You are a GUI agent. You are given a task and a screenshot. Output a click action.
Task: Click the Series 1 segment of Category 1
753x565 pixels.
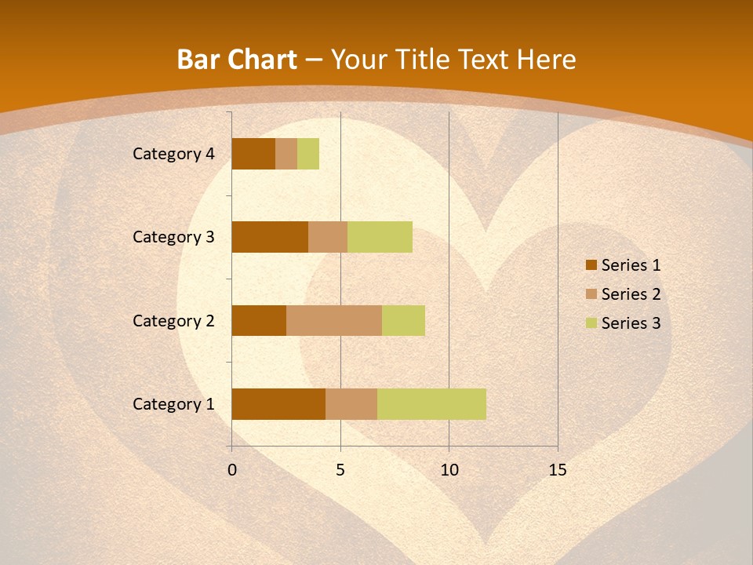coord(278,404)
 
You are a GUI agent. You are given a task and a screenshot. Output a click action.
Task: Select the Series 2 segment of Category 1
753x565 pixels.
coord(351,404)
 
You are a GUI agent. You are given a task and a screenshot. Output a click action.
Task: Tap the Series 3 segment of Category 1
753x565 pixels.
coord(431,404)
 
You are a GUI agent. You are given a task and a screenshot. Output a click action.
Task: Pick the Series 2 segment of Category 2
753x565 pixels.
coord(334,320)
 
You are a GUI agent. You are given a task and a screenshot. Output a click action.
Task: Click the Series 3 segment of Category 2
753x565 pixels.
coord(403,320)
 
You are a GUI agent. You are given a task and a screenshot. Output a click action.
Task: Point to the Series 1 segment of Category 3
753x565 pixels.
coord(270,237)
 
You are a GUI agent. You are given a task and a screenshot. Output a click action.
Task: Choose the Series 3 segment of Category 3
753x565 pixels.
coord(380,237)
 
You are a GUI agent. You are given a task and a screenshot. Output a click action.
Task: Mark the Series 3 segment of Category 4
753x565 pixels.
coord(308,154)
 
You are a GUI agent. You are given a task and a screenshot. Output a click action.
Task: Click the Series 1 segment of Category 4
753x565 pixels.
coord(253,154)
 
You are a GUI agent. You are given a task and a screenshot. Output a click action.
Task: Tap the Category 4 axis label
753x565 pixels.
coord(173,154)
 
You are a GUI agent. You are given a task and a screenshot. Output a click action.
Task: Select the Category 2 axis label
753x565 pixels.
coord(173,320)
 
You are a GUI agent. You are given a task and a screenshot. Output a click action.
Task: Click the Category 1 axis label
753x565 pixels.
coord(173,404)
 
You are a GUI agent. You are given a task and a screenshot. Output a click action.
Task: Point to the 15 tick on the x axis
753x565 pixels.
coord(557,470)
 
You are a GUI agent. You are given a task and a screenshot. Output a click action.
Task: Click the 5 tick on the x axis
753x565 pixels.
coord(340,470)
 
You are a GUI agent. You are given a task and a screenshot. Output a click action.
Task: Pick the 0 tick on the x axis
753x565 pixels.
coord(232,470)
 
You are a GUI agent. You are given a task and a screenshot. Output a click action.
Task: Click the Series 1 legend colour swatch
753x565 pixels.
coord(591,265)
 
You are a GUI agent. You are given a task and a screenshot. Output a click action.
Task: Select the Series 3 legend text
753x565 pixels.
coord(631,323)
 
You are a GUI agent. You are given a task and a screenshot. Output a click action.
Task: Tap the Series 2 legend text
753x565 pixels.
coord(631,294)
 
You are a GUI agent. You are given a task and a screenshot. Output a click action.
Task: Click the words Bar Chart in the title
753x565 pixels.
coord(237,60)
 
